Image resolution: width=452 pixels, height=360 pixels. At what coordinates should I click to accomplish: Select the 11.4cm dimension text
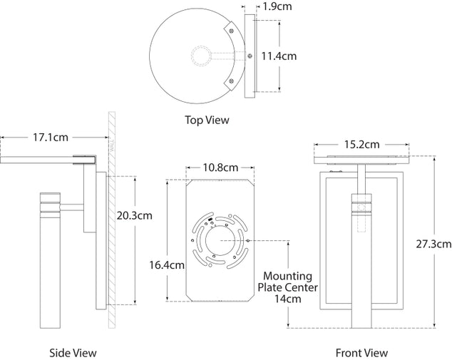click(x=279, y=56)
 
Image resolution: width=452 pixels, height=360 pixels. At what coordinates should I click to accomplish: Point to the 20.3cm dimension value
click(x=135, y=214)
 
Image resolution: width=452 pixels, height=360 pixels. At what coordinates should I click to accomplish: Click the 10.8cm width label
click(x=220, y=168)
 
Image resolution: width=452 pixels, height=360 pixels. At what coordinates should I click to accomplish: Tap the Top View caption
click(x=207, y=120)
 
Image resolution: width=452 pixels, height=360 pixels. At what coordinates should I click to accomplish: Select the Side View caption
click(x=73, y=352)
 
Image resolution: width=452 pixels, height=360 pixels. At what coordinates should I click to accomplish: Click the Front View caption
click(x=361, y=352)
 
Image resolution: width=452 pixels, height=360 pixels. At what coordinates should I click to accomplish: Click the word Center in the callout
click(x=301, y=287)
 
